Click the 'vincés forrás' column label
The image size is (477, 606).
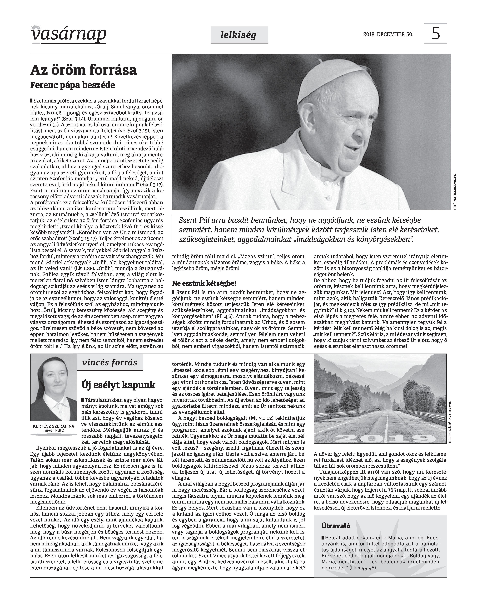point(110,363)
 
